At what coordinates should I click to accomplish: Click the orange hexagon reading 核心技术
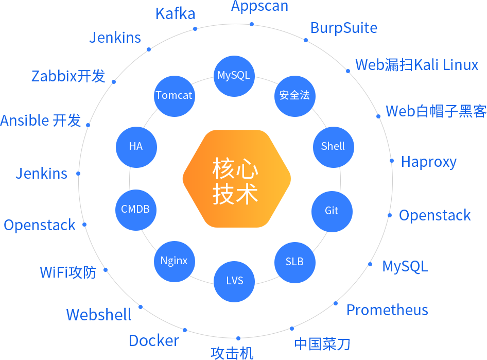click(236, 179)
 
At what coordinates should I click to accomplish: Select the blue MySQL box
click(234, 76)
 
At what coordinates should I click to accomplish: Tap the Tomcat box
click(174, 96)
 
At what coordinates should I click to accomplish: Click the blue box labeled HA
click(136, 147)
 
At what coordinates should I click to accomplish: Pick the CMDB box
click(135, 210)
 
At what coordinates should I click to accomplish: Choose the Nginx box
click(174, 261)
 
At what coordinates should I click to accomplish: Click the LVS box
click(234, 281)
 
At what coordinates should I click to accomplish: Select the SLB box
click(294, 262)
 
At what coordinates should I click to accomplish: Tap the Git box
click(332, 211)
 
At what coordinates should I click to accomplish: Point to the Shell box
click(333, 147)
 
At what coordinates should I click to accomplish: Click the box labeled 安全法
click(294, 96)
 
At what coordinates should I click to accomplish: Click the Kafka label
click(176, 13)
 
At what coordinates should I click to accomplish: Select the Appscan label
click(259, 7)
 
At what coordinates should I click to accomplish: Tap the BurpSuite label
click(344, 28)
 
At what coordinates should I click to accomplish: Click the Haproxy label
click(429, 162)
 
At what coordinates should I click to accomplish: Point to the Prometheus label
click(387, 310)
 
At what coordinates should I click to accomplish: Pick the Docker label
click(154, 341)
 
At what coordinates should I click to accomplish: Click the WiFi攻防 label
click(68, 272)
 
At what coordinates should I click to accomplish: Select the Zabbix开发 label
click(68, 76)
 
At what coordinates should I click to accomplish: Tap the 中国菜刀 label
click(322, 344)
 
